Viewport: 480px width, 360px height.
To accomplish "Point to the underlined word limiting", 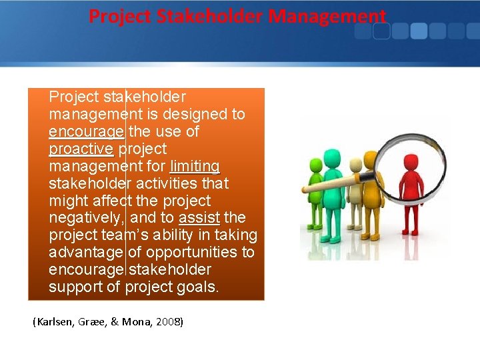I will click(195, 166).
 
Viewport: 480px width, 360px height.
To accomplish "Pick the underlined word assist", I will click(199, 217).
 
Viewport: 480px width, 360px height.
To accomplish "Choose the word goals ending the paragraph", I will click(199, 287).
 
